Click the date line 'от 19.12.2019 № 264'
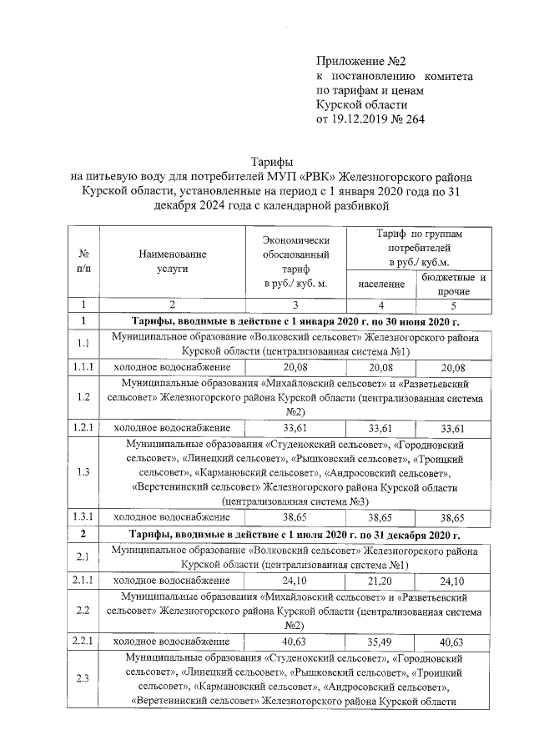pyautogui.click(x=370, y=120)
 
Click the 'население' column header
pyautogui.click(x=381, y=284)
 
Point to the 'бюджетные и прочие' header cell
pyautogui.click(x=454, y=284)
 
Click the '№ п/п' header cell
pyautogui.click(x=83, y=261)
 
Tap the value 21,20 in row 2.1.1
pyautogui.click(x=381, y=580)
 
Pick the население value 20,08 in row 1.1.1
pyautogui.click(x=381, y=366)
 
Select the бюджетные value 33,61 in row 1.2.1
pyautogui.click(x=454, y=428)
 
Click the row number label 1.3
pyautogui.click(x=83, y=472)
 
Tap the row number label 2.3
pyautogui.click(x=83, y=678)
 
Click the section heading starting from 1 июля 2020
pyautogui.click(x=294, y=534)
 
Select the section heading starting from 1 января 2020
pyautogui.click(x=294, y=321)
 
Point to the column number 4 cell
pyautogui.click(x=381, y=305)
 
